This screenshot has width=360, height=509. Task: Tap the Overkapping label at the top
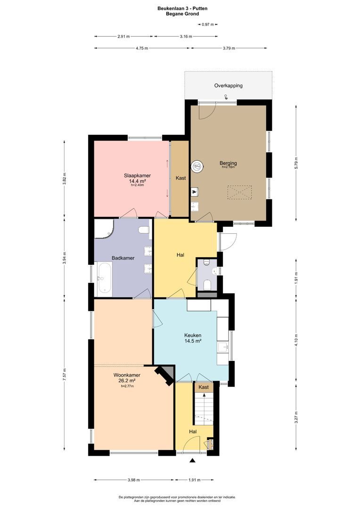pos(228,86)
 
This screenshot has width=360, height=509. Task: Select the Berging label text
pos(228,164)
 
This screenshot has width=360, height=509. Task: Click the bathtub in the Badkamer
pos(104,279)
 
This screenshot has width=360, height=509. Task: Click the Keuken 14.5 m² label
pos(193,338)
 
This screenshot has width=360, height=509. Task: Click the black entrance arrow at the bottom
pos(192,460)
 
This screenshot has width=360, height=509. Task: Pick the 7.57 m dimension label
pos(64,375)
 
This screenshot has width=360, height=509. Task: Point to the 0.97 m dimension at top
pos(208,24)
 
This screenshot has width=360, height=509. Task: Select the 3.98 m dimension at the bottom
pos(134,480)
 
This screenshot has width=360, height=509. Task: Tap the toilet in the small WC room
pos(207,285)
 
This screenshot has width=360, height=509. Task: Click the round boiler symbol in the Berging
pos(197,166)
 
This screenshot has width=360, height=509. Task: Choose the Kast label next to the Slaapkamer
pos(180,178)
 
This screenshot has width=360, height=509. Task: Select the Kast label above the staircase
pos(204,387)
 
